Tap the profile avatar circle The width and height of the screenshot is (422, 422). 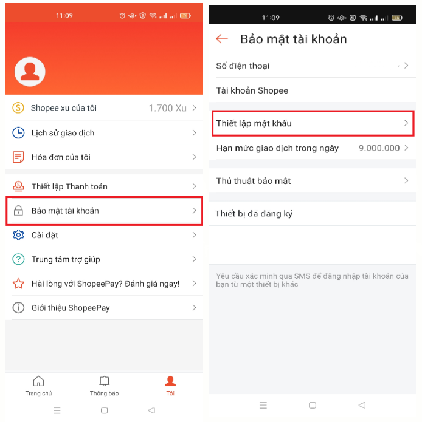click(30, 72)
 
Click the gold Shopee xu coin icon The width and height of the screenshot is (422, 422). click(18, 107)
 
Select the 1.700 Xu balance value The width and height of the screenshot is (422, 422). click(168, 108)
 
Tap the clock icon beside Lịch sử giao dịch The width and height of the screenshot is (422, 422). click(18, 133)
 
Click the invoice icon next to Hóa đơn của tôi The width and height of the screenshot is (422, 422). click(18, 157)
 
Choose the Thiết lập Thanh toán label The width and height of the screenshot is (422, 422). click(69, 186)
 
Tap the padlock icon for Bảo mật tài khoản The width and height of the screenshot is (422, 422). click(18, 211)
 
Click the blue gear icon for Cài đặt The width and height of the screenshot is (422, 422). click(18, 235)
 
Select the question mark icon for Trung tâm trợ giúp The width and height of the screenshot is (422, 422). click(18, 259)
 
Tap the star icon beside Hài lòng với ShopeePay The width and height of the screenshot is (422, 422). click(18, 284)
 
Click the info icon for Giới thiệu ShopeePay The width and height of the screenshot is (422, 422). click(18, 308)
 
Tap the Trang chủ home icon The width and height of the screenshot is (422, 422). click(38, 381)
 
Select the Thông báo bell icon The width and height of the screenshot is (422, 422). click(105, 381)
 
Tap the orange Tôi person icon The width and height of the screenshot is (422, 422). click(170, 381)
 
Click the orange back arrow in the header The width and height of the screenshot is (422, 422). click(222, 39)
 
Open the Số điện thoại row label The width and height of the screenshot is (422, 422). click(243, 66)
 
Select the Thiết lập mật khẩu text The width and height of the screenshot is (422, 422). click(254, 123)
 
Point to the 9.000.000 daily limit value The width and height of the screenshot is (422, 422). click(379, 148)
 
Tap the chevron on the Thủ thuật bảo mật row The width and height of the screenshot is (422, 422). click(406, 180)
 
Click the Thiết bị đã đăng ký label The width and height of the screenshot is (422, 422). click(254, 214)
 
